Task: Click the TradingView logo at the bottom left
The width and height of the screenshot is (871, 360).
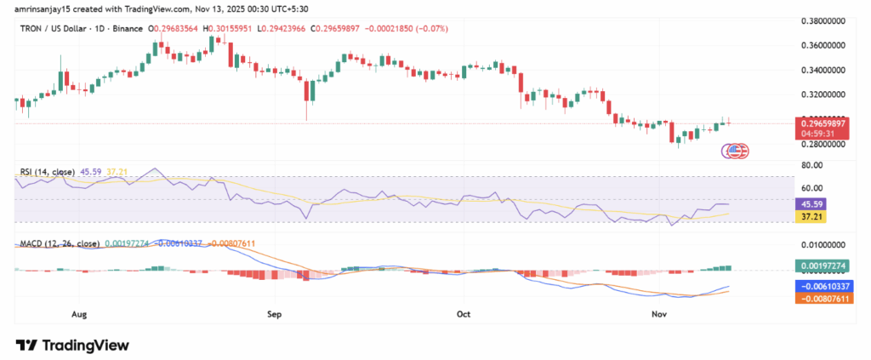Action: (72, 346)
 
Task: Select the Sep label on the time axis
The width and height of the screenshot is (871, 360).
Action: (274, 314)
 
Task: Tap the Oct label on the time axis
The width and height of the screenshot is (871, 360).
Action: (464, 314)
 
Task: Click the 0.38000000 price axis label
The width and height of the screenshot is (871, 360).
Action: (824, 20)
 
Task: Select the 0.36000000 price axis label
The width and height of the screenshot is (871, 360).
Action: (824, 44)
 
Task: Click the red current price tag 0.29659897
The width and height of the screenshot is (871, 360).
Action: (822, 123)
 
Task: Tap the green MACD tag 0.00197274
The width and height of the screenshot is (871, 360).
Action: (822, 266)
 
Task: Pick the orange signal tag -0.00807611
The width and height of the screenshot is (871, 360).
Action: (822, 300)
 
